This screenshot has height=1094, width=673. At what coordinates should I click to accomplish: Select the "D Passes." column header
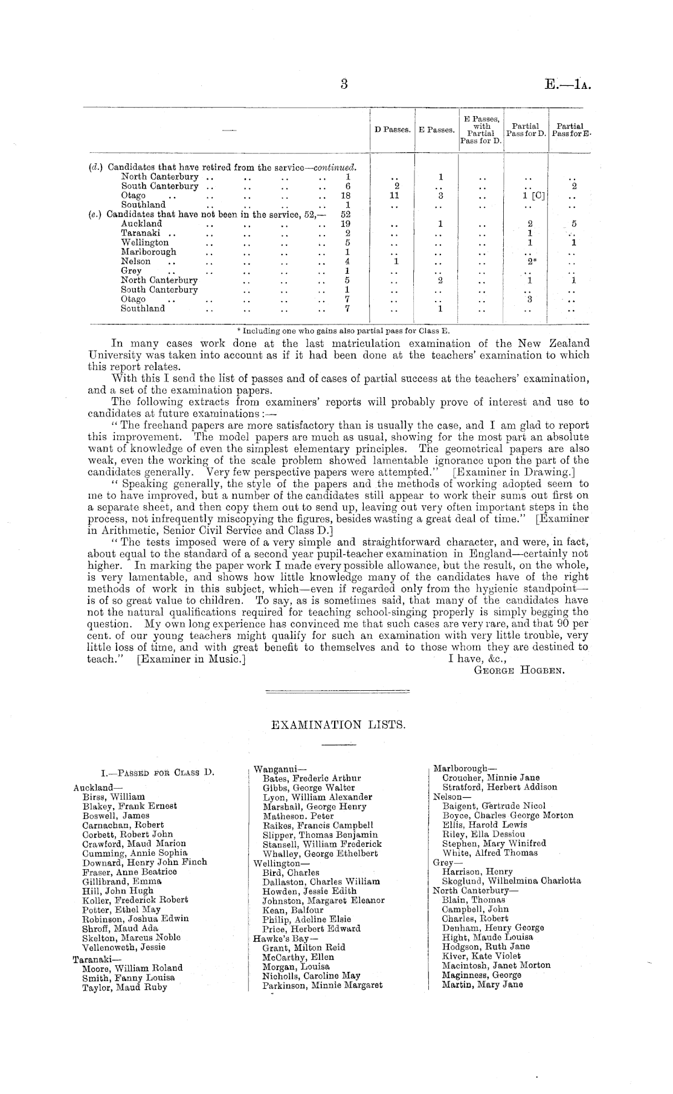coord(393,130)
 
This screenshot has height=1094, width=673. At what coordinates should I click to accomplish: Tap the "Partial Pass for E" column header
coord(569,130)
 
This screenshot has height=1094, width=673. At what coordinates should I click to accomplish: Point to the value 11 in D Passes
coord(394,196)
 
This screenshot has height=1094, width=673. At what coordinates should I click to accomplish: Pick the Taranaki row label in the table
coord(140,233)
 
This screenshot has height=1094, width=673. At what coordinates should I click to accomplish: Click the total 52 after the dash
coord(346,215)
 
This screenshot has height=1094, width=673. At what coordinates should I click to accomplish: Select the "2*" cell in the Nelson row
coord(530,262)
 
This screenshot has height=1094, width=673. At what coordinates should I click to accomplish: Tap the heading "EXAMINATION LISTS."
coord(337,724)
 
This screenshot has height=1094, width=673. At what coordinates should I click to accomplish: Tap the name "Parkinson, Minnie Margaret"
coord(323,985)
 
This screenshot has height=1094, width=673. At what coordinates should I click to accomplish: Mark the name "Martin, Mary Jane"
coord(482,984)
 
